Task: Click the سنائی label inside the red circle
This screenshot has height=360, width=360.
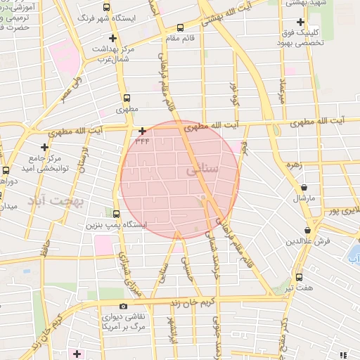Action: click(205, 170)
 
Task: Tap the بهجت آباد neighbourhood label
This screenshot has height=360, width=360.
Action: click(56, 202)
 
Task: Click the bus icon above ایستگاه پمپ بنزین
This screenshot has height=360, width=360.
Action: click(116, 214)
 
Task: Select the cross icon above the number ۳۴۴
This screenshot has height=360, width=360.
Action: click(142, 131)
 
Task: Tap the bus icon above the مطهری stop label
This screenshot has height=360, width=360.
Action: click(127, 98)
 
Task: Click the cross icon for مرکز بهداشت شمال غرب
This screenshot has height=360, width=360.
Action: click(113, 38)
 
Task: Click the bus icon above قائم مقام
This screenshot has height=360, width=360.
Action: click(180, 28)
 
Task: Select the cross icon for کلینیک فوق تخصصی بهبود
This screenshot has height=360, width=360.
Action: click(301, 22)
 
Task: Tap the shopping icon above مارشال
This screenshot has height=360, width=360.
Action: click(304, 188)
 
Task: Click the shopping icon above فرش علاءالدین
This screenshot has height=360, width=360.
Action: click(308, 230)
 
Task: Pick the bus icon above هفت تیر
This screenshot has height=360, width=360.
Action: click(300, 277)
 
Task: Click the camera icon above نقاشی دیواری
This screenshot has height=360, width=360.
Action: click(124, 306)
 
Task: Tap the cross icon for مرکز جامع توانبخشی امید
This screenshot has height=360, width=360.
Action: click(45, 147)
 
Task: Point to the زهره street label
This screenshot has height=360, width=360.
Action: click(294, 165)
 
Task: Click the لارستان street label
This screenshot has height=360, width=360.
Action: click(85, 161)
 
